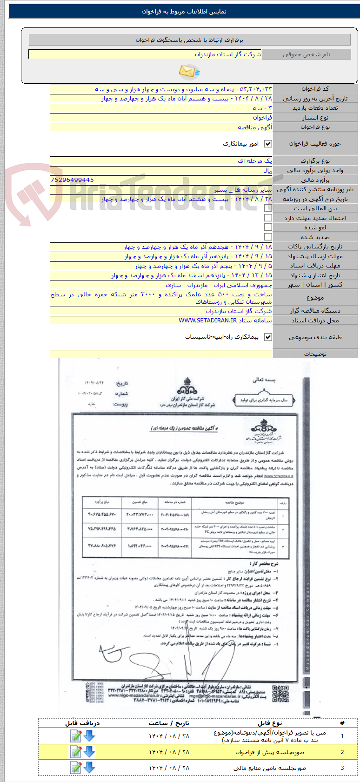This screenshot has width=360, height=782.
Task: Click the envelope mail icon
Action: tap(189, 72)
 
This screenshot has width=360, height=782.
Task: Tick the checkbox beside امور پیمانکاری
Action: tap(268, 144)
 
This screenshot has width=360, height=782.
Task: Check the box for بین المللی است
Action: tap(268, 208)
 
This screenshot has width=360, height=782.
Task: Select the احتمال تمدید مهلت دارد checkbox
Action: tap(268, 218)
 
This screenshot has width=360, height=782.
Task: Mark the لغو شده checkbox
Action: tap(268, 227)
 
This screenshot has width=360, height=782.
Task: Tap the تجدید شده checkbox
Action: tap(268, 237)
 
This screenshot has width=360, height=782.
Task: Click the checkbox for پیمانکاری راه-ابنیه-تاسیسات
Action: tap(268, 337)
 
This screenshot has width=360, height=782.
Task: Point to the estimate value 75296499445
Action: tap(72, 180)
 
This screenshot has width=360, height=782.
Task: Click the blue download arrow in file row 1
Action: tap(89, 735)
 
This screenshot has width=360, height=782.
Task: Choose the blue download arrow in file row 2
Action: tap(89, 752)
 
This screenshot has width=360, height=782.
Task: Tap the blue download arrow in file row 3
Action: tap(89, 768)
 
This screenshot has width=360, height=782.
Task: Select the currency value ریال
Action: tap(267, 170)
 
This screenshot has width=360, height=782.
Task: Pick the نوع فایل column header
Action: tap(270, 723)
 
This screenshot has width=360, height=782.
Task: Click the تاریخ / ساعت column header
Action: tap(169, 723)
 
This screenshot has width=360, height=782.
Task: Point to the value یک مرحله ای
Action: tap(254, 161)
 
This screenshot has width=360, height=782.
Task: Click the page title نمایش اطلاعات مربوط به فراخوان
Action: tap(184, 12)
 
